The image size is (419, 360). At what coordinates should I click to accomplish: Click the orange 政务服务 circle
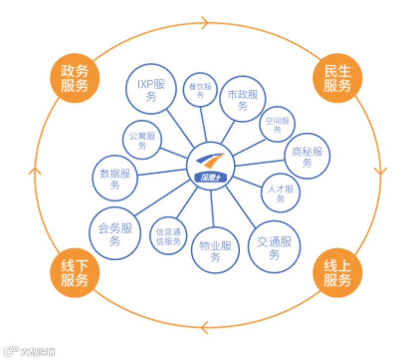[x=74, y=78]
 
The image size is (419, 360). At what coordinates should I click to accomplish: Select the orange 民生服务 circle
[x=338, y=78]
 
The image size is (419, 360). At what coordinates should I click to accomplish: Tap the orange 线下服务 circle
[x=74, y=273]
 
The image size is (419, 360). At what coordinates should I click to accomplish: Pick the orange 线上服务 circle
[x=338, y=273]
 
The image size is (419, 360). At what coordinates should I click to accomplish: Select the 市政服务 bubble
[x=243, y=99]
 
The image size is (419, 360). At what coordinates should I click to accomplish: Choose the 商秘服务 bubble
[x=308, y=156]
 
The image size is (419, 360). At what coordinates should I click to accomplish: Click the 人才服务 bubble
[x=280, y=193]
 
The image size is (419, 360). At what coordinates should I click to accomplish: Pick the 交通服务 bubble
[x=274, y=247]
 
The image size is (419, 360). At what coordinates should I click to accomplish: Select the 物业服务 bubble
[x=215, y=251]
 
